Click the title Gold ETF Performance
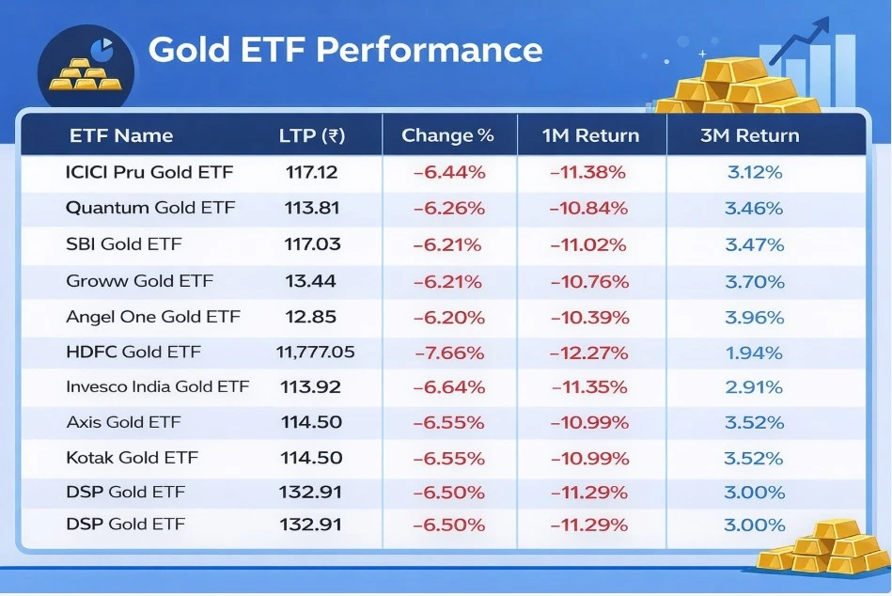coord(345,50)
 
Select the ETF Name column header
coord(121,135)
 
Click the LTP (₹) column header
coord(312,135)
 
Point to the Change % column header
coord(447,135)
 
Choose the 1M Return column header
coord(590,135)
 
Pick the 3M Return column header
coord(749,135)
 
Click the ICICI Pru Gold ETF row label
coord(149,172)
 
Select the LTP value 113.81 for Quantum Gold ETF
coord(312,208)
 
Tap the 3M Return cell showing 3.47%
coord(754,244)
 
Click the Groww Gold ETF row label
coord(139,281)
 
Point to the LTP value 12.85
coord(310,317)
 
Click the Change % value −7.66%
coord(448,353)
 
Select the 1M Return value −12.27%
coord(589,353)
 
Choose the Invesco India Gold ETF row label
coord(157,387)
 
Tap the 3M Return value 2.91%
coord(754,387)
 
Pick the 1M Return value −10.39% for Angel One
coord(589,317)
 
